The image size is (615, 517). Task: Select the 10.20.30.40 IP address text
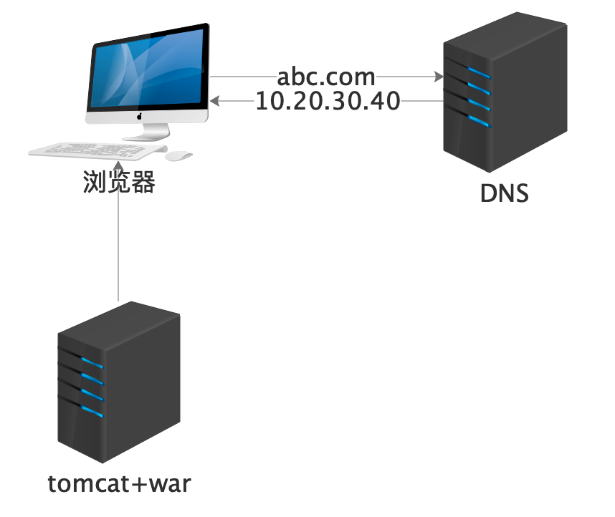(x=328, y=102)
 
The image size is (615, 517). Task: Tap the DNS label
(x=504, y=193)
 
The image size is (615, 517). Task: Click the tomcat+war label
(x=120, y=484)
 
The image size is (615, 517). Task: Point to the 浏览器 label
(x=118, y=183)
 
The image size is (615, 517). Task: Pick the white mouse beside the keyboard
(x=178, y=155)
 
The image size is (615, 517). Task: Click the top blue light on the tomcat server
(x=92, y=362)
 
